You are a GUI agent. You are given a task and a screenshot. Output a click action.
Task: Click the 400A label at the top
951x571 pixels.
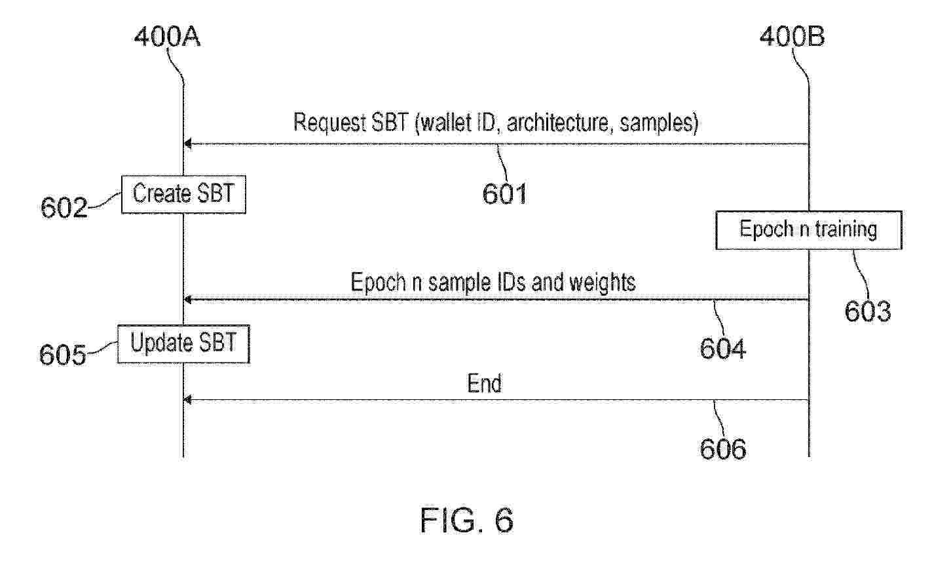coord(167,37)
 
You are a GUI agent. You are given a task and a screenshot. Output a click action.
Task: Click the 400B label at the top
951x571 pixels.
coord(792,37)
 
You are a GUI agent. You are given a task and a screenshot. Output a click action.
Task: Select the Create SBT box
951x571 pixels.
coord(183,194)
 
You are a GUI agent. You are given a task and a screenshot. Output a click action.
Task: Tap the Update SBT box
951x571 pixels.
coord(183,344)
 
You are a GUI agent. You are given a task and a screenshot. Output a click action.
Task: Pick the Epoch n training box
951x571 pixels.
coord(809,230)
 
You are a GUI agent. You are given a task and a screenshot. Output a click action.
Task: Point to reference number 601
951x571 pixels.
coord(505,194)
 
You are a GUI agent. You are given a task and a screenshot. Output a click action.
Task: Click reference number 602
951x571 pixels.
coord(64,208)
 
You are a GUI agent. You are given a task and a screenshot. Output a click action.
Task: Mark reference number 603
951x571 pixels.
coord(867,311)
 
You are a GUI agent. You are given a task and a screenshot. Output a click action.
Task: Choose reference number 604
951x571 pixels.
coord(722,349)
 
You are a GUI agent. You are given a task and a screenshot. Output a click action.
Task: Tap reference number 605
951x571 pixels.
coord(62,355)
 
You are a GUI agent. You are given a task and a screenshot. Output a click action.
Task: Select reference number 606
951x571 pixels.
coord(722,449)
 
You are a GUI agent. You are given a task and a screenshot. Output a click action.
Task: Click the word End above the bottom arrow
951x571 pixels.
coord(485,384)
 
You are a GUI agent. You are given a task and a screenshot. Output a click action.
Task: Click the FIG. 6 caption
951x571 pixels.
coord(467,520)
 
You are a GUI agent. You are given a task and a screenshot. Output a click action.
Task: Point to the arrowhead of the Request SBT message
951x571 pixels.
coord(188,144)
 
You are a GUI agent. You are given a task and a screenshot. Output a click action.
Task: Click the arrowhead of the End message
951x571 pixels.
coord(188,400)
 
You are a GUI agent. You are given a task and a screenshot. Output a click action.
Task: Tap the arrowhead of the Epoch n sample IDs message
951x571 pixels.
coord(188,300)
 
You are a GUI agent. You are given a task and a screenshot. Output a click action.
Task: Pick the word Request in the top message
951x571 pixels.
coord(329,123)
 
